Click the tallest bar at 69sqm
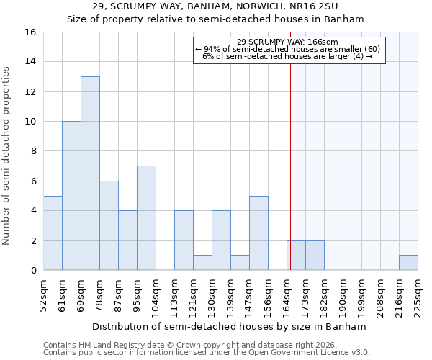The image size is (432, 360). tap(90, 173)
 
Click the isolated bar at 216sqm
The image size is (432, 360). tap(408, 263)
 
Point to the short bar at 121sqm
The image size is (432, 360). tap(202, 263)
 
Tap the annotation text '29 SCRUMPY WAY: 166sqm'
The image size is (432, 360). tap(287, 42)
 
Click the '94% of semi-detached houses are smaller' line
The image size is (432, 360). tap(287, 49)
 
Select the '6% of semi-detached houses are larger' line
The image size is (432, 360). tap(287, 56)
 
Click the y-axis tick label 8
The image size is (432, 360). tap(34, 151)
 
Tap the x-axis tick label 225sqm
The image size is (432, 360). tap(418, 295)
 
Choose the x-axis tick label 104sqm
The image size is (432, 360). tap(156, 295)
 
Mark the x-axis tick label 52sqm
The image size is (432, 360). tap(43, 295)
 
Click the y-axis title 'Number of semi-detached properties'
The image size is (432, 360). tap(7, 156)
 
